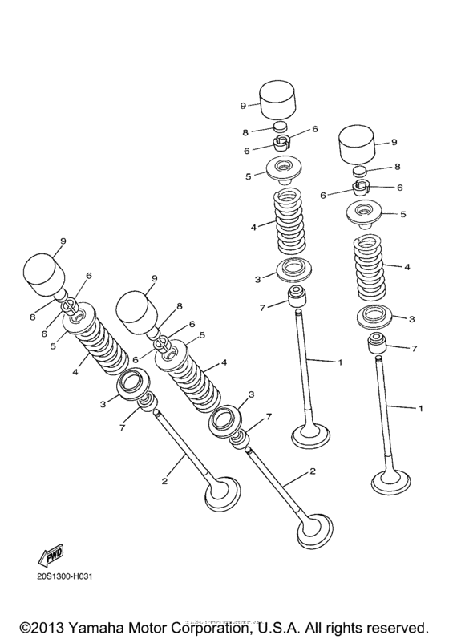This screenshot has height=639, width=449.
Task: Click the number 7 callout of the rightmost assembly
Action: pyautogui.click(x=413, y=349)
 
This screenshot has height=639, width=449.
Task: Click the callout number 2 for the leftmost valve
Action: pyautogui.click(x=164, y=481)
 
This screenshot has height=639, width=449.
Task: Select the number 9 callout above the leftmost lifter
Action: pyautogui.click(x=61, y=240)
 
